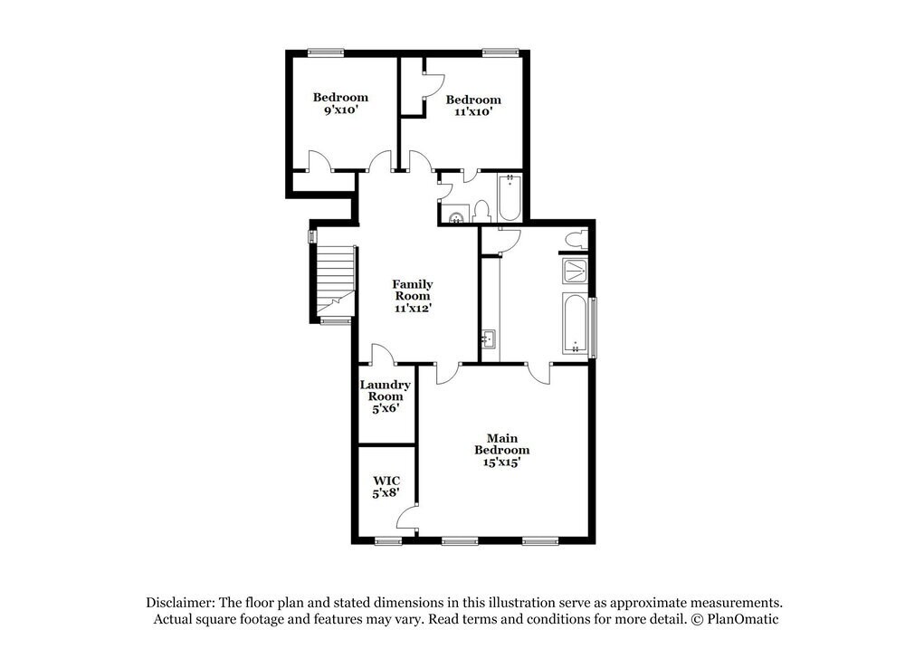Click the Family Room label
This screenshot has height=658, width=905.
click(x=412, y=296)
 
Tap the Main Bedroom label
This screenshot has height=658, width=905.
click(x=502, y=450)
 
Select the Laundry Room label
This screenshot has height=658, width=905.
click(x=386, y=396)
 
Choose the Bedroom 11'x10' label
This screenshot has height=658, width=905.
click(x=472, y=106)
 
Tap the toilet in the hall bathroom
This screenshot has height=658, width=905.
click(x=481, y=212)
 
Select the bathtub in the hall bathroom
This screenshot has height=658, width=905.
click(x=509, y=196)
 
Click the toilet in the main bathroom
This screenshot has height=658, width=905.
click(x=574, y=239)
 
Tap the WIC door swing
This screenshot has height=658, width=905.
click(x=408, y=518)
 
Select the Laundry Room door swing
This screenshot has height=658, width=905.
click(x=382, y=355)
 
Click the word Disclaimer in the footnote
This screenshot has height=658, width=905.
click(x=178, y=603)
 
